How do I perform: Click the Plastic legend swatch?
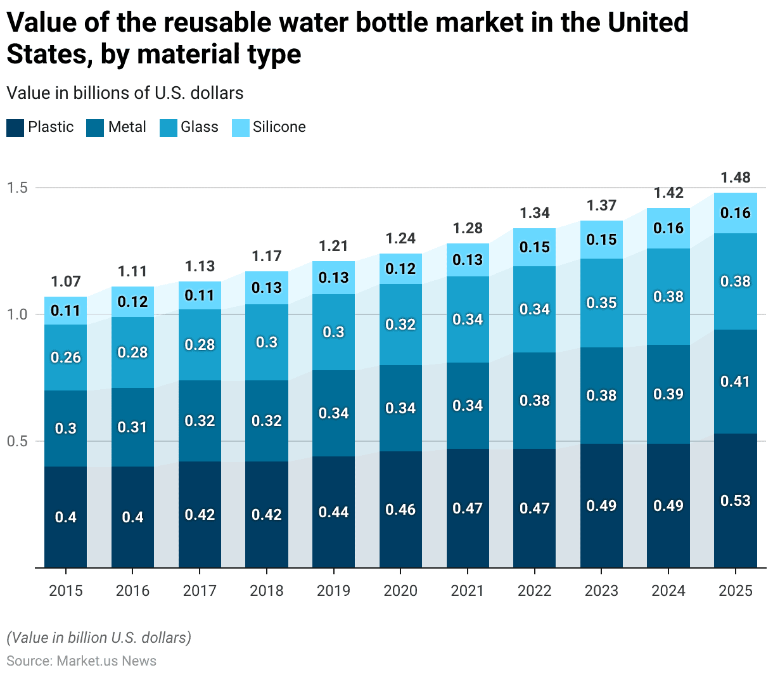click(x=15, y=127)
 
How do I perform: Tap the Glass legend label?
click(x=199, y=127)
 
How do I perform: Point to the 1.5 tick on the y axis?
click(x=17, y=188)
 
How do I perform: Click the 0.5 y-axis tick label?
click(x=17, y=441)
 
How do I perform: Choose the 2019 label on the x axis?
click(x=333, y=591)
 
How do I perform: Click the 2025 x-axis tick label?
click(x=735, y=591)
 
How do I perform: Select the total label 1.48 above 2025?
click(x=735, y=177)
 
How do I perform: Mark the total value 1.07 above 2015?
click(x=66, y=281)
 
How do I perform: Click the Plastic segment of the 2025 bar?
click(x=735, y=501)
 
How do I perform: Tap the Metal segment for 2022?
click(x=534, y=401)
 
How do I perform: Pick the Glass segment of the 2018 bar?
click(x=266, y=342)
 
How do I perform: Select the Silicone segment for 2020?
click(x=400, y=269)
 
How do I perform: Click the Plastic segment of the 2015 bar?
click(x=66, y=517)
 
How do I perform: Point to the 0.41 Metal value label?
click(x=735, y=382)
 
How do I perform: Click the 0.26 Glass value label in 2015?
click(x=66, y=358)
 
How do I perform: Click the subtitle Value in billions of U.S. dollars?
click(x=125, y=93)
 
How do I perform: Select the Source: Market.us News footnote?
click(x=81, y=661)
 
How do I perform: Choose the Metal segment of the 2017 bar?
click(x=200, y=421)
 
